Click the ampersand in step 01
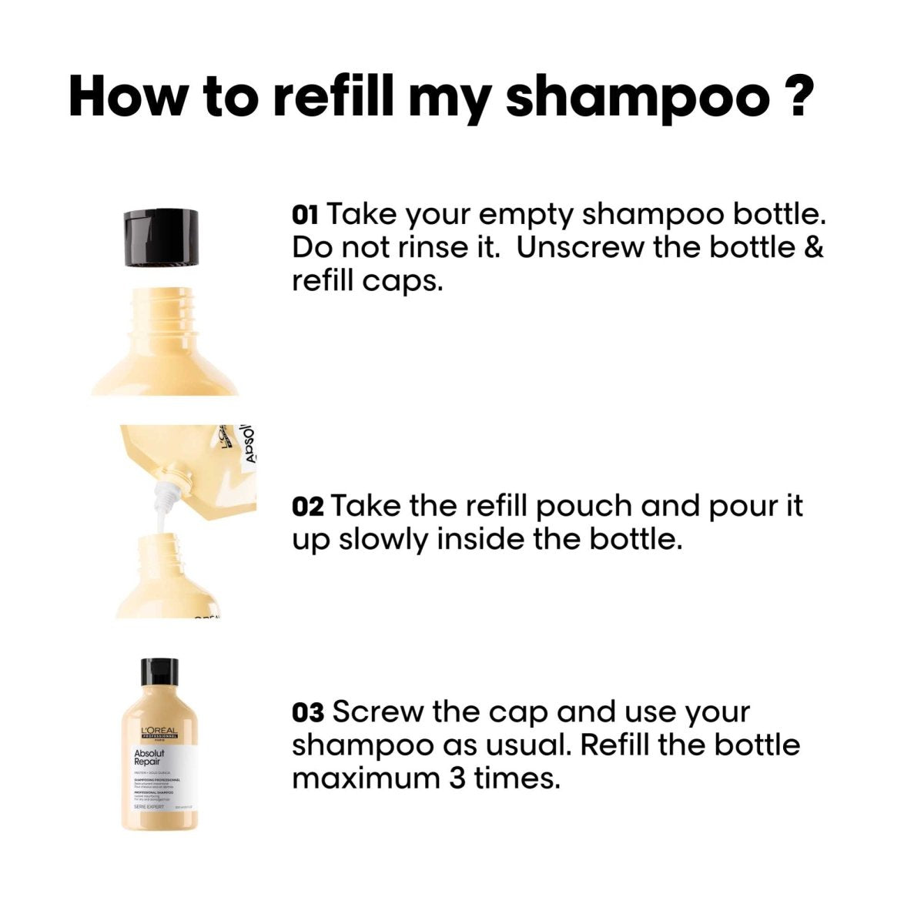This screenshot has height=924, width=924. (813, 248)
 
